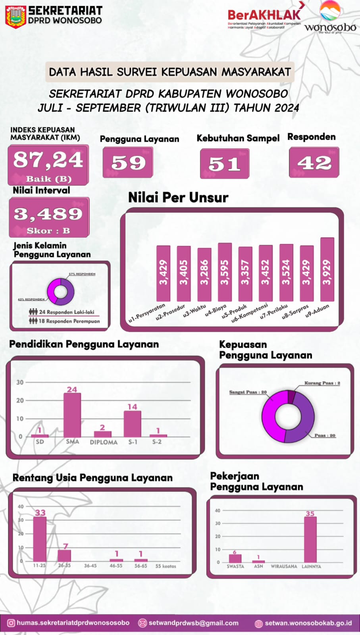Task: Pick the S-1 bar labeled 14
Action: [x=132, y=423]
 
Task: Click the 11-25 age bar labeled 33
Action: [x=40, y=539]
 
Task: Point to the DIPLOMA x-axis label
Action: [x=104, y=442]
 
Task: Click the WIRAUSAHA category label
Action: [x=284, y=566]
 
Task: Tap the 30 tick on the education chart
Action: [x=20, y=382]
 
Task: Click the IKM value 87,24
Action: [x=48, y=160]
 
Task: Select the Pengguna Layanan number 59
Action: [x=128, y=163]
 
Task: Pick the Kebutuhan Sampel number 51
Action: [x=225, y=164]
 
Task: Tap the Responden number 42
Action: [x=314, y=163]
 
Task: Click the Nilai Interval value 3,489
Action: [x=48, y=214]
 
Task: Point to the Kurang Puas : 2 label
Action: [x=322, y=383]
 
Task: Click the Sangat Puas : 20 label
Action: [x=248, y=392]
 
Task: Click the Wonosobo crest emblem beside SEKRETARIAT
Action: [x=15, y=17]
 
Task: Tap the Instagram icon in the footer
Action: [x=11, y=623]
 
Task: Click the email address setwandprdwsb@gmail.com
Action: [x=193, y=623]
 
